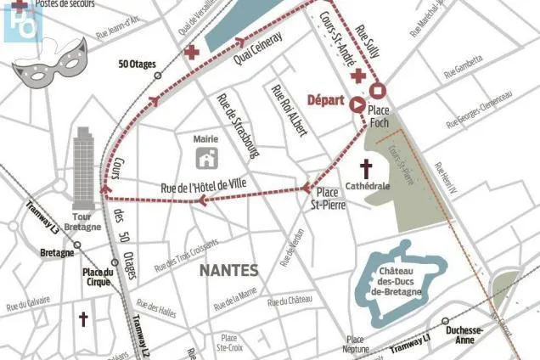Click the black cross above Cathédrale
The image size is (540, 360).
[367, 167]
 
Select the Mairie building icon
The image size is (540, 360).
[206, 157]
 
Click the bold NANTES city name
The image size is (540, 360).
[227, 270]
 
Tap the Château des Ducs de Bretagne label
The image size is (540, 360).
[404, 282]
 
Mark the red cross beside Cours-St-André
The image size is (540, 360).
[358, 76]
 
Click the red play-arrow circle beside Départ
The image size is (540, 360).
[357, 104]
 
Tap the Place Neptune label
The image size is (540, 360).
[357, 344]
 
